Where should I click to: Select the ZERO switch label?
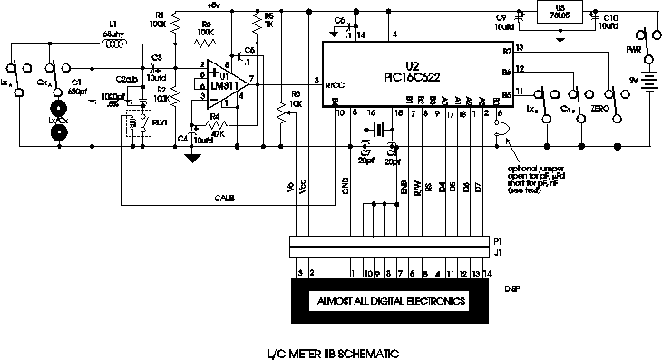pos(599,109)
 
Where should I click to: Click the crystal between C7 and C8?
pos(379,128)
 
